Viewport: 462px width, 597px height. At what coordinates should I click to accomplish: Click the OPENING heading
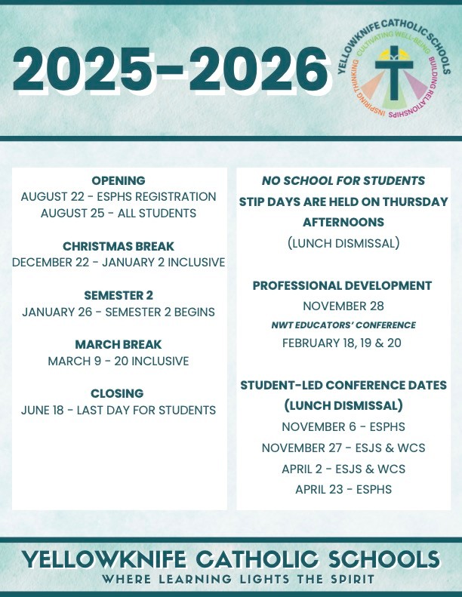119,180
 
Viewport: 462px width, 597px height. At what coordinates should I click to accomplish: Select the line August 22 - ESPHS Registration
119,196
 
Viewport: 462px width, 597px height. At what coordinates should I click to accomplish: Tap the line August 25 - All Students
119,213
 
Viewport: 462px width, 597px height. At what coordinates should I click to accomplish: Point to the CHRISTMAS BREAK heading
119,246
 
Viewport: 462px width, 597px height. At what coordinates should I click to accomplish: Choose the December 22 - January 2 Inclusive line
119,263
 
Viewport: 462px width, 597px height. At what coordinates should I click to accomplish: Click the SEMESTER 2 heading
119,295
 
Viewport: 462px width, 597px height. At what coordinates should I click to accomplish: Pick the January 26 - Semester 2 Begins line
119,312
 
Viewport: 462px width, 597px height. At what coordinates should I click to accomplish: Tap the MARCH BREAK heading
119,345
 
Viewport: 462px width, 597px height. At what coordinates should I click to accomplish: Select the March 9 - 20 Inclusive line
119,362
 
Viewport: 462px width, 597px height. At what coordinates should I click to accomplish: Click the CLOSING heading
119,394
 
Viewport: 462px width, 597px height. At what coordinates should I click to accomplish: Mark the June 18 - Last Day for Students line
119,411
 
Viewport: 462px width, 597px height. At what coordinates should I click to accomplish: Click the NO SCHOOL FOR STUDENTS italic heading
343,181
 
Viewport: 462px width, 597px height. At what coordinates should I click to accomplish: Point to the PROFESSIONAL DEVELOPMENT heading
342,286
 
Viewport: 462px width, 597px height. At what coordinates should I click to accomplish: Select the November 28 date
343,306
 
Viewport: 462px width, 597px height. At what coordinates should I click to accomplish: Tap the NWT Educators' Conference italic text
343,325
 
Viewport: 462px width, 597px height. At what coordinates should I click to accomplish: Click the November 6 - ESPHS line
343,426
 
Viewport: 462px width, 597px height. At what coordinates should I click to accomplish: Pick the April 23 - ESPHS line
343,489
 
